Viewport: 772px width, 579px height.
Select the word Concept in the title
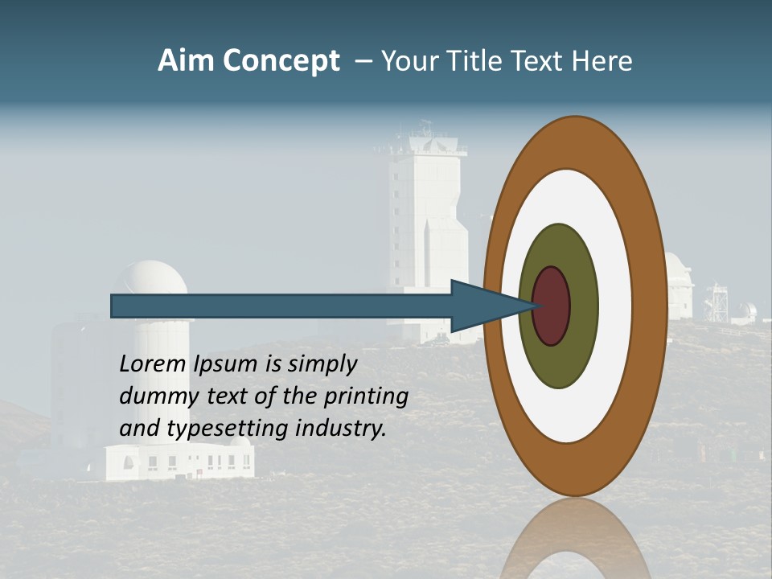click(281, 61)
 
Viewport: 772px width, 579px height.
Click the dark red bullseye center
click(552, 306)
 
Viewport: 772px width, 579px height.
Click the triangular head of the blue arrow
click(482, 306)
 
